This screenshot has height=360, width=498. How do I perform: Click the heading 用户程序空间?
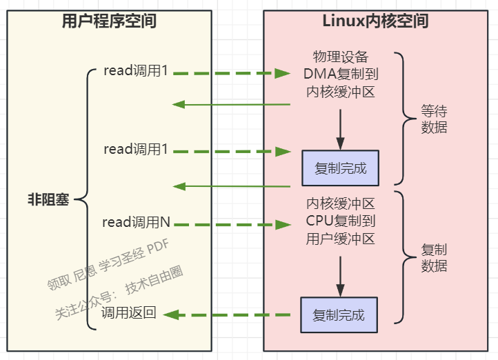[109, 21]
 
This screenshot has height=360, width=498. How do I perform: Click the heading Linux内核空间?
[375, 21]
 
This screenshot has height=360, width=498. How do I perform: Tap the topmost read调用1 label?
[136, 71]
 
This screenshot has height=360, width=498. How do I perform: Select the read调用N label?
[136, 222]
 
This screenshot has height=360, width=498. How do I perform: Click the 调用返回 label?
[129, 313]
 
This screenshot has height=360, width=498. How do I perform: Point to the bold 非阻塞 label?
[48, 200]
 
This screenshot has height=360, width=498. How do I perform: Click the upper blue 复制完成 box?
[340, 168]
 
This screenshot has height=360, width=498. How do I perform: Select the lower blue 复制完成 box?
[339, 314]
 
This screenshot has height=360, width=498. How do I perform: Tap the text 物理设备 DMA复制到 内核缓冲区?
[340, 73]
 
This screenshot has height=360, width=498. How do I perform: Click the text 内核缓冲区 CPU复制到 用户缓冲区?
[340, 221]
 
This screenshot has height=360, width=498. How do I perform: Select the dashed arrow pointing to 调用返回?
[228, 314]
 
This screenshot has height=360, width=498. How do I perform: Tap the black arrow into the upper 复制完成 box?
[340, 128]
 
